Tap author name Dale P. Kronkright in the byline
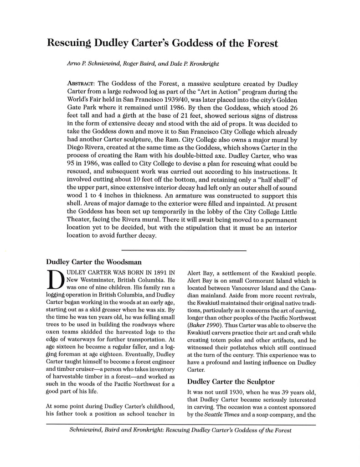[x=198, y=64]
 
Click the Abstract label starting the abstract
[x=81, y=84]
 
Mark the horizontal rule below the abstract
[x=184, y=250]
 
